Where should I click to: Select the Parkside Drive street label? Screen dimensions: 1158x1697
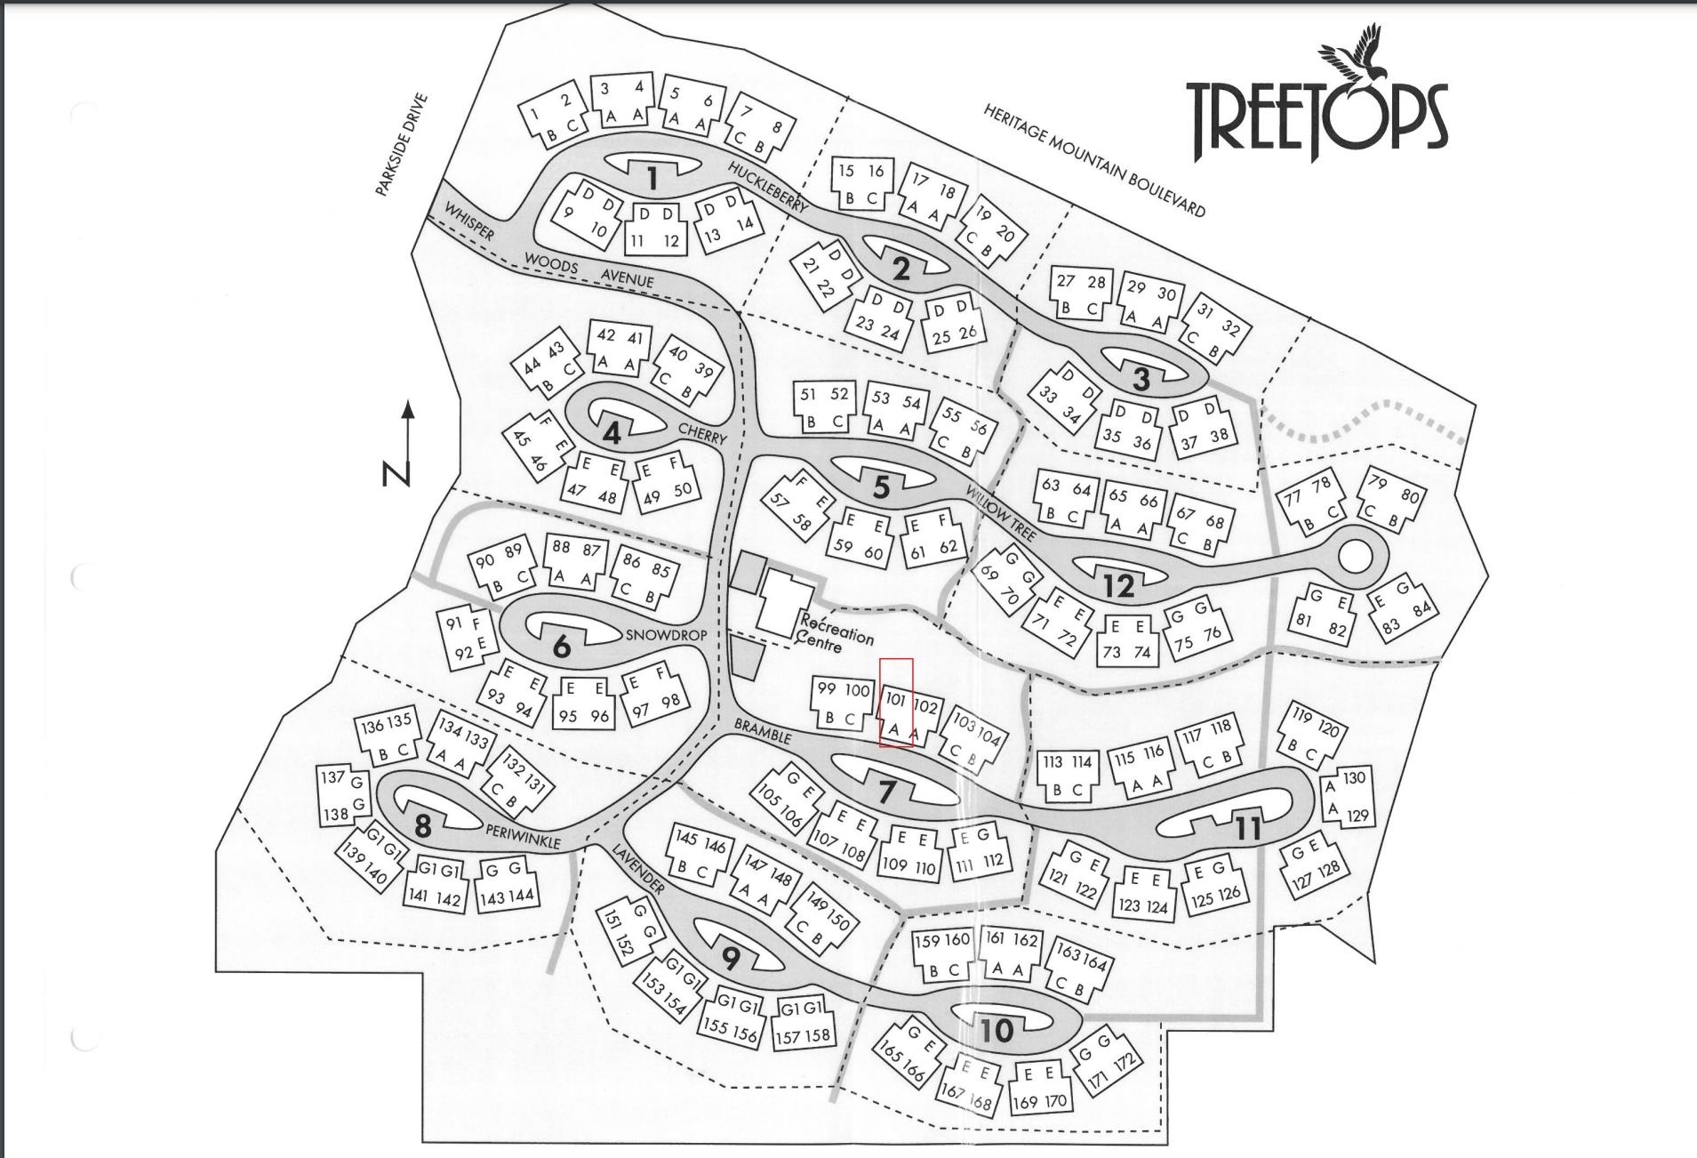point(402,145)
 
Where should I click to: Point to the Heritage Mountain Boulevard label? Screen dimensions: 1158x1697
point(1094,160)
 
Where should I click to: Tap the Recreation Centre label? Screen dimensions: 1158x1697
point(834,628)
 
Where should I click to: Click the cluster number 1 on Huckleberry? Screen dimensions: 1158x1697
point(652,179)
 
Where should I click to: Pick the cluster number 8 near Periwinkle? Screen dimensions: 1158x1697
point(422,826)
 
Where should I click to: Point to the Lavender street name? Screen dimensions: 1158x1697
point(637,868)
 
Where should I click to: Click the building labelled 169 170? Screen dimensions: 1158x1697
point(1039,1089)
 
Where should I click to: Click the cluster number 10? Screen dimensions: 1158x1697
point(997,1030)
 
